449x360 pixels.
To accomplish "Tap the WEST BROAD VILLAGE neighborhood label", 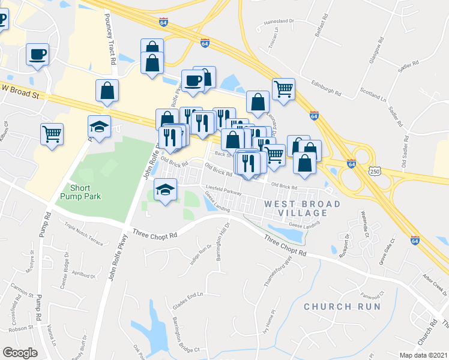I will pyautogui.click(x=303, y=208).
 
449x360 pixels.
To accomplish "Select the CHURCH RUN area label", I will pyautogui.click(x=342, y=307).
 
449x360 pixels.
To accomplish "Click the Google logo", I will pyautogui.click(x=20, y=352).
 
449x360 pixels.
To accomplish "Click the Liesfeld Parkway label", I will pyautogui.click(x=223, y=191).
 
